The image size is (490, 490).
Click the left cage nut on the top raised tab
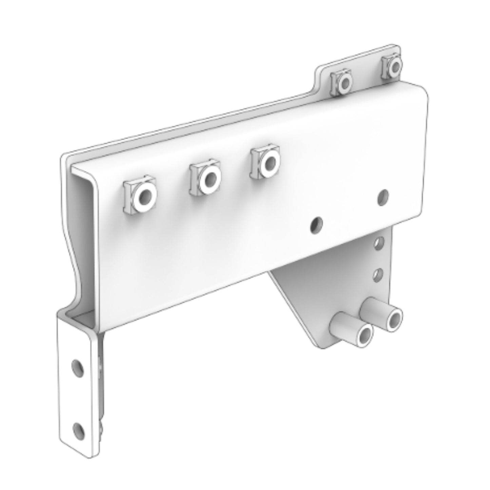point(342,81)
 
